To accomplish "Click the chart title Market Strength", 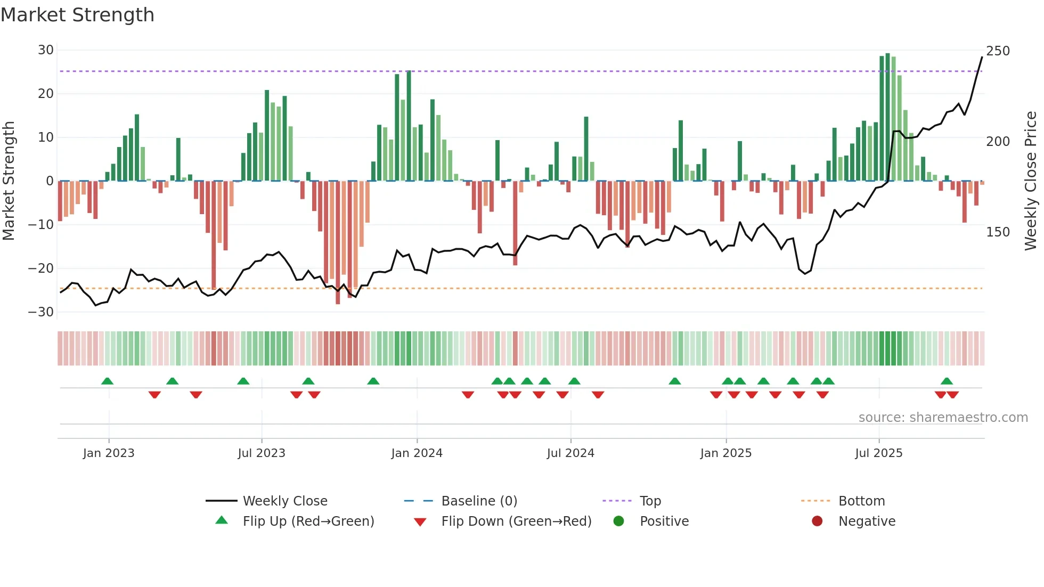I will pos(77,15).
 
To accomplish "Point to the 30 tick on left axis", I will pos(46,50).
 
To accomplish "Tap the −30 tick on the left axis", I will pos(42,312).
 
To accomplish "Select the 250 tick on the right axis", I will pos(998,51).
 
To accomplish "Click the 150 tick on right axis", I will pos(998,232).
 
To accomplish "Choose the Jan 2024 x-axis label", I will pos(417,453).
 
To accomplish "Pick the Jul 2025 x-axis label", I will pos(878,453).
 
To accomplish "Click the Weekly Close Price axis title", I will pos(1031,181).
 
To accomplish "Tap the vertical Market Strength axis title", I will pos(9,181).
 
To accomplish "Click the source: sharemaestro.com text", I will pos(943,418).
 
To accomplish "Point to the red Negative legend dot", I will pos(817,521).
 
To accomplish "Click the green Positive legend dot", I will pos(618,521).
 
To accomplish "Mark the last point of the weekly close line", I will pos(982,57).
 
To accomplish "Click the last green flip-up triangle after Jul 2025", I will pos(947,381).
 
